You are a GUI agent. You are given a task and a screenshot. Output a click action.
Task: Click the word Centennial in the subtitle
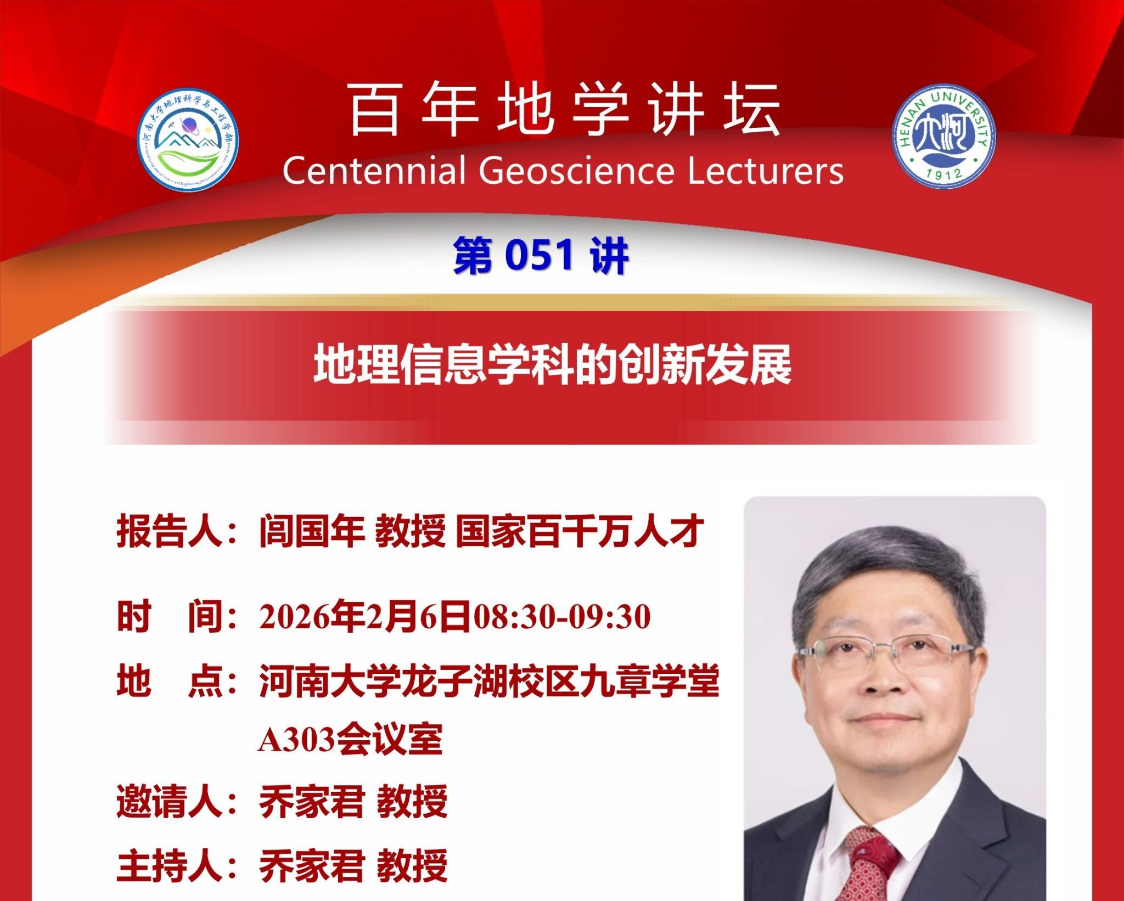click(374, 171)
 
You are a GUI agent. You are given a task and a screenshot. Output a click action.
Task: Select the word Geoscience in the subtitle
click(576, 171)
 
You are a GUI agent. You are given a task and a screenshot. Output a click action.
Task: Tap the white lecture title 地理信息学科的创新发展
click(552, 364)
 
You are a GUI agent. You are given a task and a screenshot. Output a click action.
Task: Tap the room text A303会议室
click(350, 740)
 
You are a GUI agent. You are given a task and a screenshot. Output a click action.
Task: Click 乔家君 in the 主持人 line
click(312, 865)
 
